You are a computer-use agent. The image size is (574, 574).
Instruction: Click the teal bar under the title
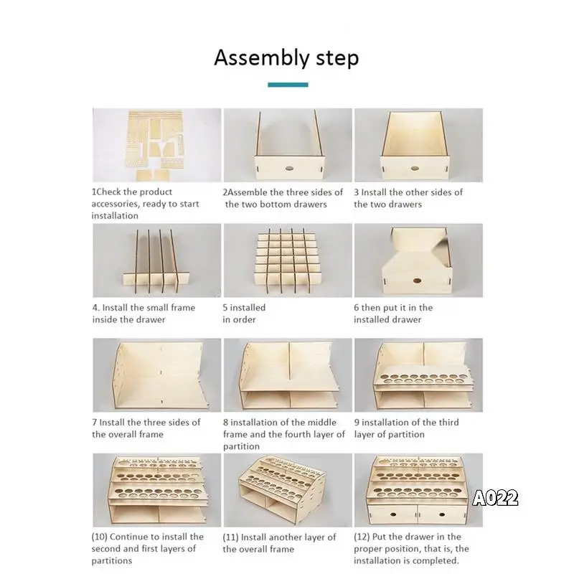click(288, 85)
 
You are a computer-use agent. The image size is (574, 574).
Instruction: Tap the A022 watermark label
click(495, 498)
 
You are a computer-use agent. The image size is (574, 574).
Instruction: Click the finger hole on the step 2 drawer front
click(290, 169)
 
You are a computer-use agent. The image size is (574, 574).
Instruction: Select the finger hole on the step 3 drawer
click(415, 169)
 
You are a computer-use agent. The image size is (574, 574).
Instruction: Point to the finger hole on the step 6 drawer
click(417, 281)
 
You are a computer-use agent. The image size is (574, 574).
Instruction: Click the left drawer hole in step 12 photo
click(392, 514)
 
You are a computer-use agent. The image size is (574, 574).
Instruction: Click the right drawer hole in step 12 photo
click(442, 514)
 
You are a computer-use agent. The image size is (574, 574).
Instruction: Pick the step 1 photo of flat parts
click(156, 145)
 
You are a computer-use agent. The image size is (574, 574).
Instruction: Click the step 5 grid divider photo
click(288, 260)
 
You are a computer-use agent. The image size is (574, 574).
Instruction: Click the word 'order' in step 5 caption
click(244, 319)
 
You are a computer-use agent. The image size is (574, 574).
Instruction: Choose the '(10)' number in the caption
click(99, 537)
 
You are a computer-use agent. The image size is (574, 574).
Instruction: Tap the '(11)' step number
click(230, 537)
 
